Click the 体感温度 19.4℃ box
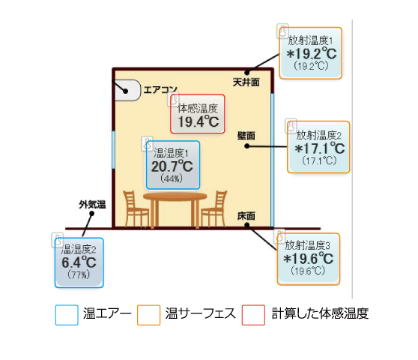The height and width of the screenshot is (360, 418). click(x=198, y=114)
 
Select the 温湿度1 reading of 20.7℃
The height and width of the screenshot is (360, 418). click(x=173, y=165)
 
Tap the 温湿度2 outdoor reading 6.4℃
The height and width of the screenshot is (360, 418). click(x=79, y=262)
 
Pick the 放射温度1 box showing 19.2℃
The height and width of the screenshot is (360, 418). click(x=311, y=53)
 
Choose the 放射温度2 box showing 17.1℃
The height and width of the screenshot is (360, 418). click(x=318, y=147)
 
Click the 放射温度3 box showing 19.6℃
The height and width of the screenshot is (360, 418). click(x=309, y=259)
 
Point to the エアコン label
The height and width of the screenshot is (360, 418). click(x=160, y=90)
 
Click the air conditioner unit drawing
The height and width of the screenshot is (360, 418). click(x=127, y=90)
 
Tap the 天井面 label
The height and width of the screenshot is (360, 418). click(x=246, y=82)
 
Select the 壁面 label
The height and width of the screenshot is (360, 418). click(x=246, y=136)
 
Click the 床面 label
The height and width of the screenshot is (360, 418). click(x=246, y=216)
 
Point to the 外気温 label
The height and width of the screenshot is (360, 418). click(x=92, y=205)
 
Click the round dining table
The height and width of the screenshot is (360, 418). click(x=175, y=210)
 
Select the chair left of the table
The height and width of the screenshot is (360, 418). click(x=136, y=209)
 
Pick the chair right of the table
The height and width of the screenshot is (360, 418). click(x=214, y=209)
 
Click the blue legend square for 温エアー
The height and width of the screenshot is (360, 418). click(x=67, y=315)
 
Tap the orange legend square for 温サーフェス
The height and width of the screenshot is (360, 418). click(x=149, y=315)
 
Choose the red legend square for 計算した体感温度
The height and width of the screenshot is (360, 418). click(x=253, y=315)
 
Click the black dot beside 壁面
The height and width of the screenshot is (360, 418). click(x=247, y=146)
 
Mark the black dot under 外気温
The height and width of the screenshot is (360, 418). click(x=91, y=214)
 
